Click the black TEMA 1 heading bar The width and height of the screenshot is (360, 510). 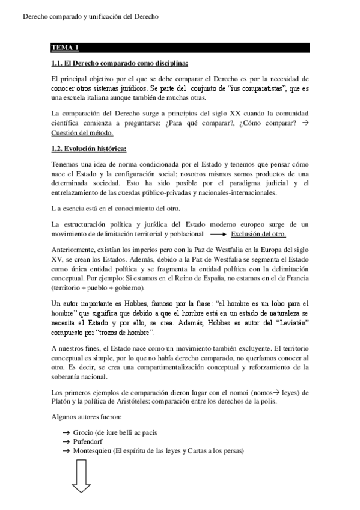(180, 48)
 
